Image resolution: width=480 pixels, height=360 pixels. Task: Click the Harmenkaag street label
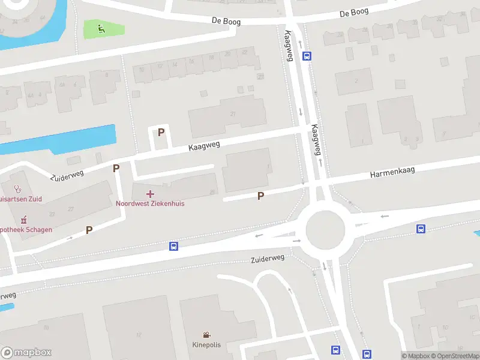click(x=392, y=173)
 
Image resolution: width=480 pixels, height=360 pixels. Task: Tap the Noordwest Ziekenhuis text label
click(x=150, y=203)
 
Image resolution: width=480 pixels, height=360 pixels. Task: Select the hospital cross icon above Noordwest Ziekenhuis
click(x=150, y=194)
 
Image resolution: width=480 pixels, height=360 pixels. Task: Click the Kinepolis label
click(x=206, y=345)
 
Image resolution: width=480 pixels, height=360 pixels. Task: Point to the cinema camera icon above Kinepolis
click(x=206, y=335)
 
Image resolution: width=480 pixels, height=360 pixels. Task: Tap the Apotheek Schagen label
click(x=26, y=229)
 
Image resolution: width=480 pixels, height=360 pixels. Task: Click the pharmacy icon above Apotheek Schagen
click(x=24, y=220)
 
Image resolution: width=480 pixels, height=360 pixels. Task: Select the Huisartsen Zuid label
click(x=21, y=199)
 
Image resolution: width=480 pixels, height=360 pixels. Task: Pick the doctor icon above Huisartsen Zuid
click(x=17, y=189)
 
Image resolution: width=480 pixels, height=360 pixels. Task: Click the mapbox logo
click(x=26, y=352)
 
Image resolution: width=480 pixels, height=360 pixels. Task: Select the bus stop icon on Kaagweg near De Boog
click(x=307, y=56)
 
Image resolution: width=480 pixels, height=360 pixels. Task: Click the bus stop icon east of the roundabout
click(x=421, y=229)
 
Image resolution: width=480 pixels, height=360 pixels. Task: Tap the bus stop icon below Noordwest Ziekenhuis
click(x=173, y=246)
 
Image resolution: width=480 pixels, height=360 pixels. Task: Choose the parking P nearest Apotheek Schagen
click(x=89, y=230)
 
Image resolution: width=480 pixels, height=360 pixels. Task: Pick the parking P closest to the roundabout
click(x=260, y=196)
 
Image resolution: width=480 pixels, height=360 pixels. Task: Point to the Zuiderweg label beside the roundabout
click(x=268, y=258)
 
